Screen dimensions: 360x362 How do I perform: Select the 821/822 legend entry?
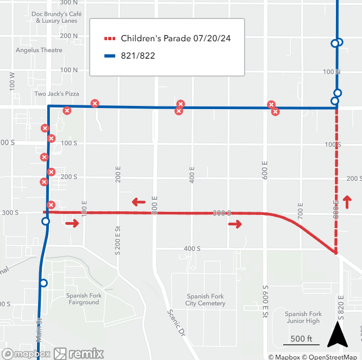click(138, 55)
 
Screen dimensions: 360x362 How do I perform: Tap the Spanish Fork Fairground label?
click(83, 299)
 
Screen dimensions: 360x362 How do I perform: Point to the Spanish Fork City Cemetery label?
click(205, 300)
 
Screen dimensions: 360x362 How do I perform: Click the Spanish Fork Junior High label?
click(303, 317)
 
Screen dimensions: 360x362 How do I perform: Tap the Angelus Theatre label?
click(39, 50)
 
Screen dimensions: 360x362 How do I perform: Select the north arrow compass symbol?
click(337, 334)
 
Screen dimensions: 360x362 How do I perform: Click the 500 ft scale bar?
click(298, 342)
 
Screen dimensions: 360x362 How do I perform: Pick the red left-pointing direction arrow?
click(139, 203)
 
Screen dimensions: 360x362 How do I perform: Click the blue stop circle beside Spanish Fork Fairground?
click(43, 283)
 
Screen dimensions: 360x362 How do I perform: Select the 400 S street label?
click(192, 248)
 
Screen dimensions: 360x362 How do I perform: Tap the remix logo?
click(79, 353)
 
